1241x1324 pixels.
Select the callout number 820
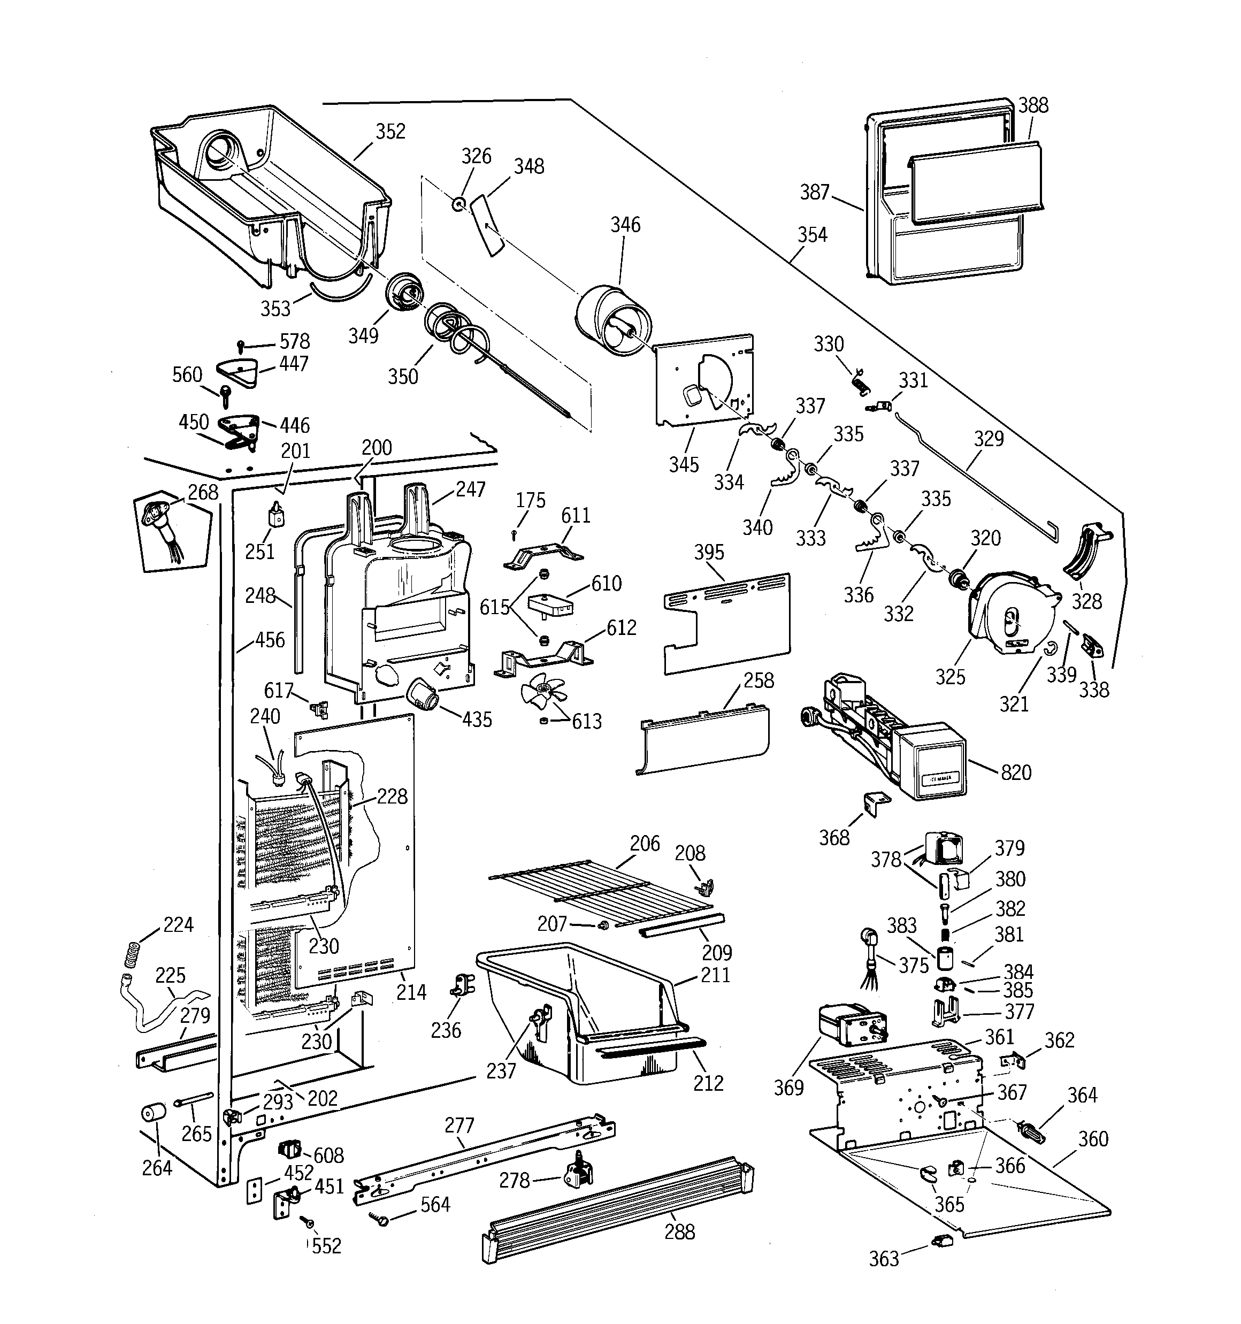tap(1016, 772)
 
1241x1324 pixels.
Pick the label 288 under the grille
tap(679, 1231)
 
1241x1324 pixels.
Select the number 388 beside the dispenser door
tap(1033, 105)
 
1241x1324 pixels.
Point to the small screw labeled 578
tap(242, 345)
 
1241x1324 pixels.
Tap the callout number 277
tap(459, 1126)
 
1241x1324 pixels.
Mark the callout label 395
tap(709, 552)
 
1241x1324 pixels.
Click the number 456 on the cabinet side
tap(270, 640)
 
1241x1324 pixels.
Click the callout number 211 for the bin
tap(715, 975)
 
